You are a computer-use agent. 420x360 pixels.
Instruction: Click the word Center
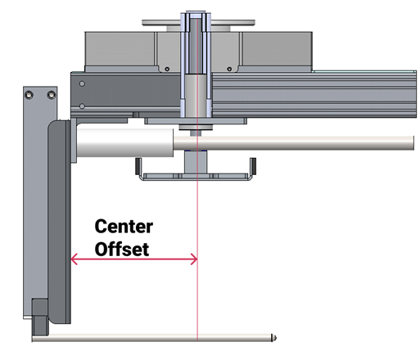pyautogui.click(x=124, y=227)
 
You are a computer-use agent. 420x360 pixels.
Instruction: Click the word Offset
pyautogui.click(x=122, y=249)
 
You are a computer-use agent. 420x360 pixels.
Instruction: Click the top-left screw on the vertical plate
pyautogui.click(x=29, y=95)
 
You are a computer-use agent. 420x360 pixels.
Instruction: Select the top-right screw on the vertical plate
pyautogui.click(x=52, y=95)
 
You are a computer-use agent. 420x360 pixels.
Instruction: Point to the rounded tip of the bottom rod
pyautogui.click(x=273, y=338)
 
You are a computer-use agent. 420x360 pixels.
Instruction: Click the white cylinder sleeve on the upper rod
pyautogui.click(x=125, y=142)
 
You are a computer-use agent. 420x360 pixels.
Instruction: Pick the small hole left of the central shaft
pyautogui.click(x=167, y=69)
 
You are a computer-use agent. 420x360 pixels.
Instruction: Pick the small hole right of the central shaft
pyautogui.click(x=229, y=69)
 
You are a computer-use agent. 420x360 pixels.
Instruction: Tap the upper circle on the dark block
pyautogui.click(x=82, y=83)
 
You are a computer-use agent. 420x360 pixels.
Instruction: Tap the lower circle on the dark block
pyautogui.click(x=82, y=106)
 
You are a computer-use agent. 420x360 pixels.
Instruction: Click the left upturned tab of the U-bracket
pyautogui.click(x=138, y=166)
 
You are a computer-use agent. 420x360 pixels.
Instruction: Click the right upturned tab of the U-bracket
pyautogui.click(x=253, y=166)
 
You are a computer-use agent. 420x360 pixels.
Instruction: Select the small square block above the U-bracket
pyautogui.click(x=196, y=162)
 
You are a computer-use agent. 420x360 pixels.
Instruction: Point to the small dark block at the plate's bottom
pyautogui.click(x=40, y=317)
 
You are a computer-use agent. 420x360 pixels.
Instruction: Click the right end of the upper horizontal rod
pyautogui.click(x=413, y=142)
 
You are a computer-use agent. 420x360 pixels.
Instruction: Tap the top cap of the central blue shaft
pyautogui.click(x=196, y=14)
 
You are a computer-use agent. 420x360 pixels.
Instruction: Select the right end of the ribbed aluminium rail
pyautogui.click(x=415, y=94)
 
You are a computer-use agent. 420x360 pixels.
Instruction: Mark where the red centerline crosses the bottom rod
pyautogui.click(x=197, y=338)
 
